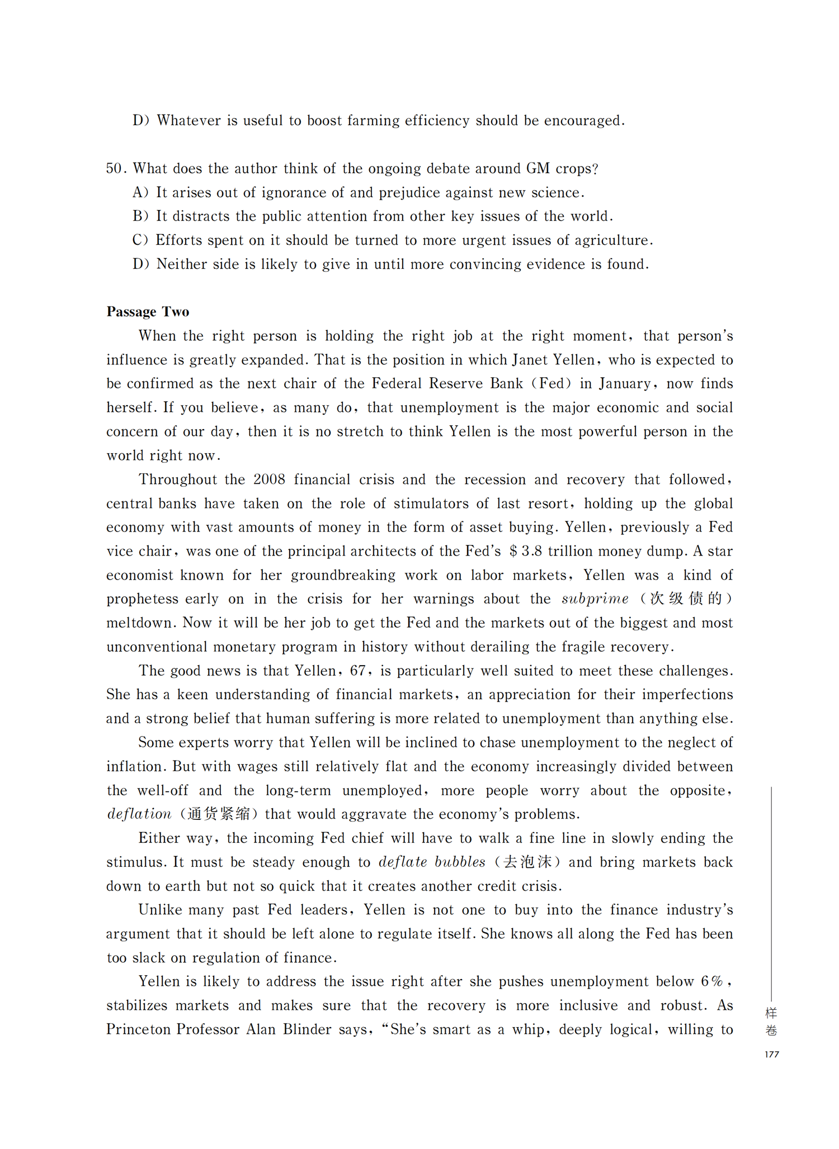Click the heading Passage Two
coord(148,311)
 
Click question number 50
coord(116,168)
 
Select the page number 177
coord(771,1054)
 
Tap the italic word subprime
coord(595,599)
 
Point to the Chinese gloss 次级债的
coord(686,599)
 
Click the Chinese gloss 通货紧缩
coord(219,814)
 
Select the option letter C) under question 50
coord(140,240)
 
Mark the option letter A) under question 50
coord(140,192)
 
